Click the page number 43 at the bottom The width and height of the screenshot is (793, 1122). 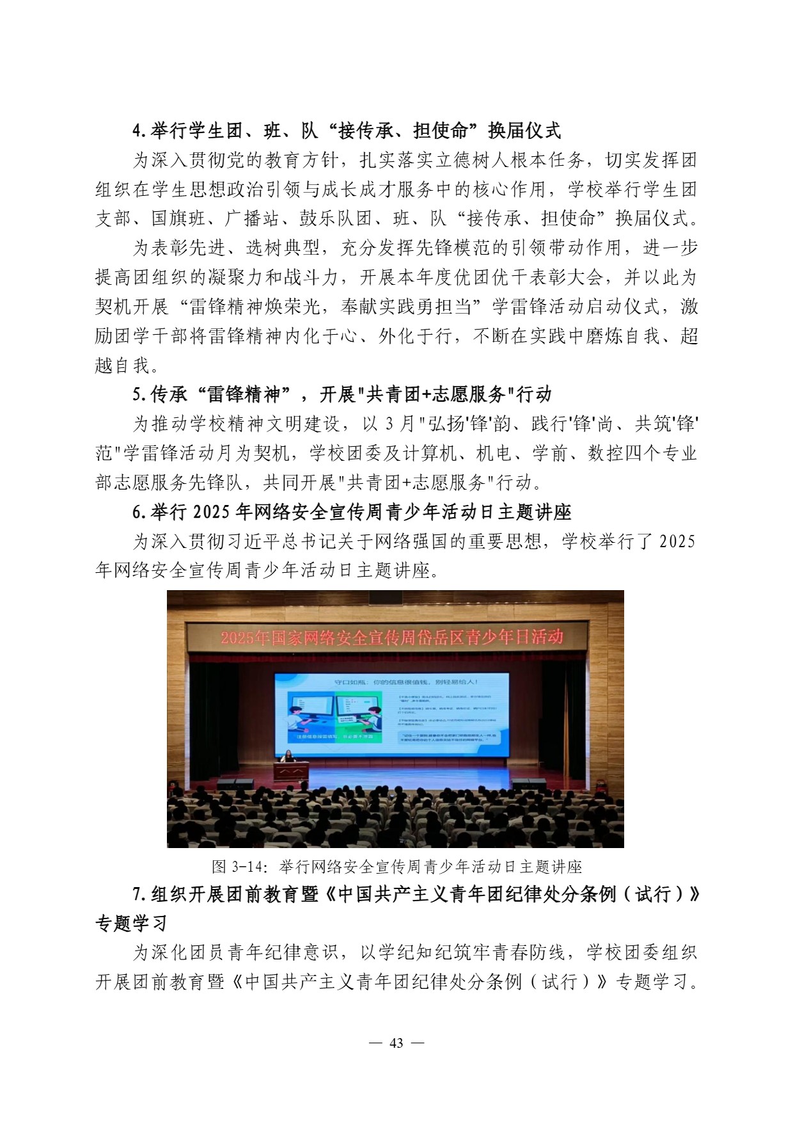[396, 1043]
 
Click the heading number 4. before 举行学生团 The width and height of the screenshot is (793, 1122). [139, 131]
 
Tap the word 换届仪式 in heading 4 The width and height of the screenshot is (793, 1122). [524, 131]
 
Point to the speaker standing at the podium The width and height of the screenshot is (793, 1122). [288, 757]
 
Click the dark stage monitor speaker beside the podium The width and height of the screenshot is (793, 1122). [235, 785]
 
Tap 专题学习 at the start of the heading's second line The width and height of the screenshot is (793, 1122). [132, 923]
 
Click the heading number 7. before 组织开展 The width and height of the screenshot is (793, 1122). [139, 894]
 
